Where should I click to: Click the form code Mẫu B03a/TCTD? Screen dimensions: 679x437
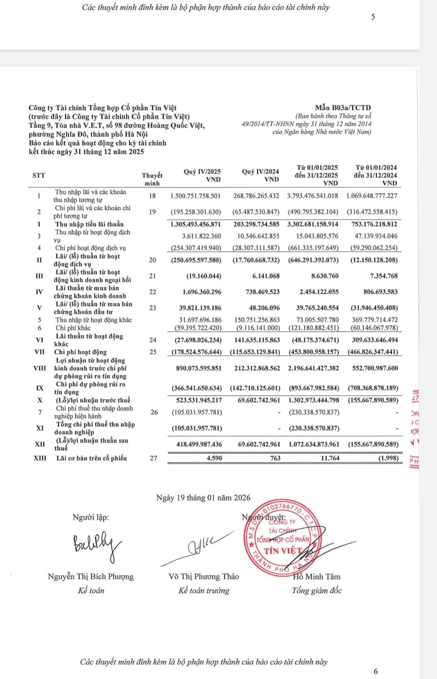point(343,108)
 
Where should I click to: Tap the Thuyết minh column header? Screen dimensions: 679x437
point(152,179)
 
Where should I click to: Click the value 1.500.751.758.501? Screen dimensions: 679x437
point(195,196)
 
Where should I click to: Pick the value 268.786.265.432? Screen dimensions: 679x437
point(256,196)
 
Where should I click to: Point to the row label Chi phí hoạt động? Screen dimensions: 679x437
point(81,352)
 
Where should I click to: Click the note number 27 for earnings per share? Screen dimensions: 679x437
point(153,458)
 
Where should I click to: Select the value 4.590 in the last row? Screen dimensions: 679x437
point(213,458)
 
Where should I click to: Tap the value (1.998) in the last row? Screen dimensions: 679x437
point(388,458)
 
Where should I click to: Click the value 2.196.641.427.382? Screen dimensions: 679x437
point(314,368)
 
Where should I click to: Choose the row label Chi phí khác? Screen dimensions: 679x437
point(73,328)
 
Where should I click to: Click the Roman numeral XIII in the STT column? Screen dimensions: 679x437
point(40,458)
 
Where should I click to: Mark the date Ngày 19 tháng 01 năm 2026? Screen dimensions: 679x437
point(203,498)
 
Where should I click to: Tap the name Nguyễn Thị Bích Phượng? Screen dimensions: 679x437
point(91,577)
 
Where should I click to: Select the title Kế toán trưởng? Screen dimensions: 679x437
point(204,590)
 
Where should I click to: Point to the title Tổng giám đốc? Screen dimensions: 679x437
point(316,590)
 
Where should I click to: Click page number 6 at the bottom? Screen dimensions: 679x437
point(375,671)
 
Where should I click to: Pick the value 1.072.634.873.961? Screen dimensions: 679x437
point(314,444)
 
